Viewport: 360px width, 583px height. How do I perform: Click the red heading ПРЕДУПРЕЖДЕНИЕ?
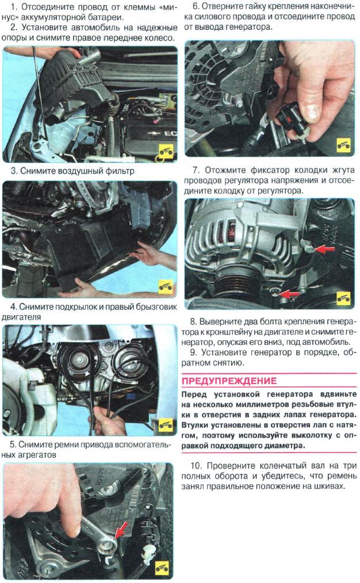click(x=229, y=381)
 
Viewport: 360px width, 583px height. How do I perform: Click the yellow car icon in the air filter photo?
click(x=165, y=152)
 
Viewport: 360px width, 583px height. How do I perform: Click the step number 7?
click(x=196, y=170)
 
